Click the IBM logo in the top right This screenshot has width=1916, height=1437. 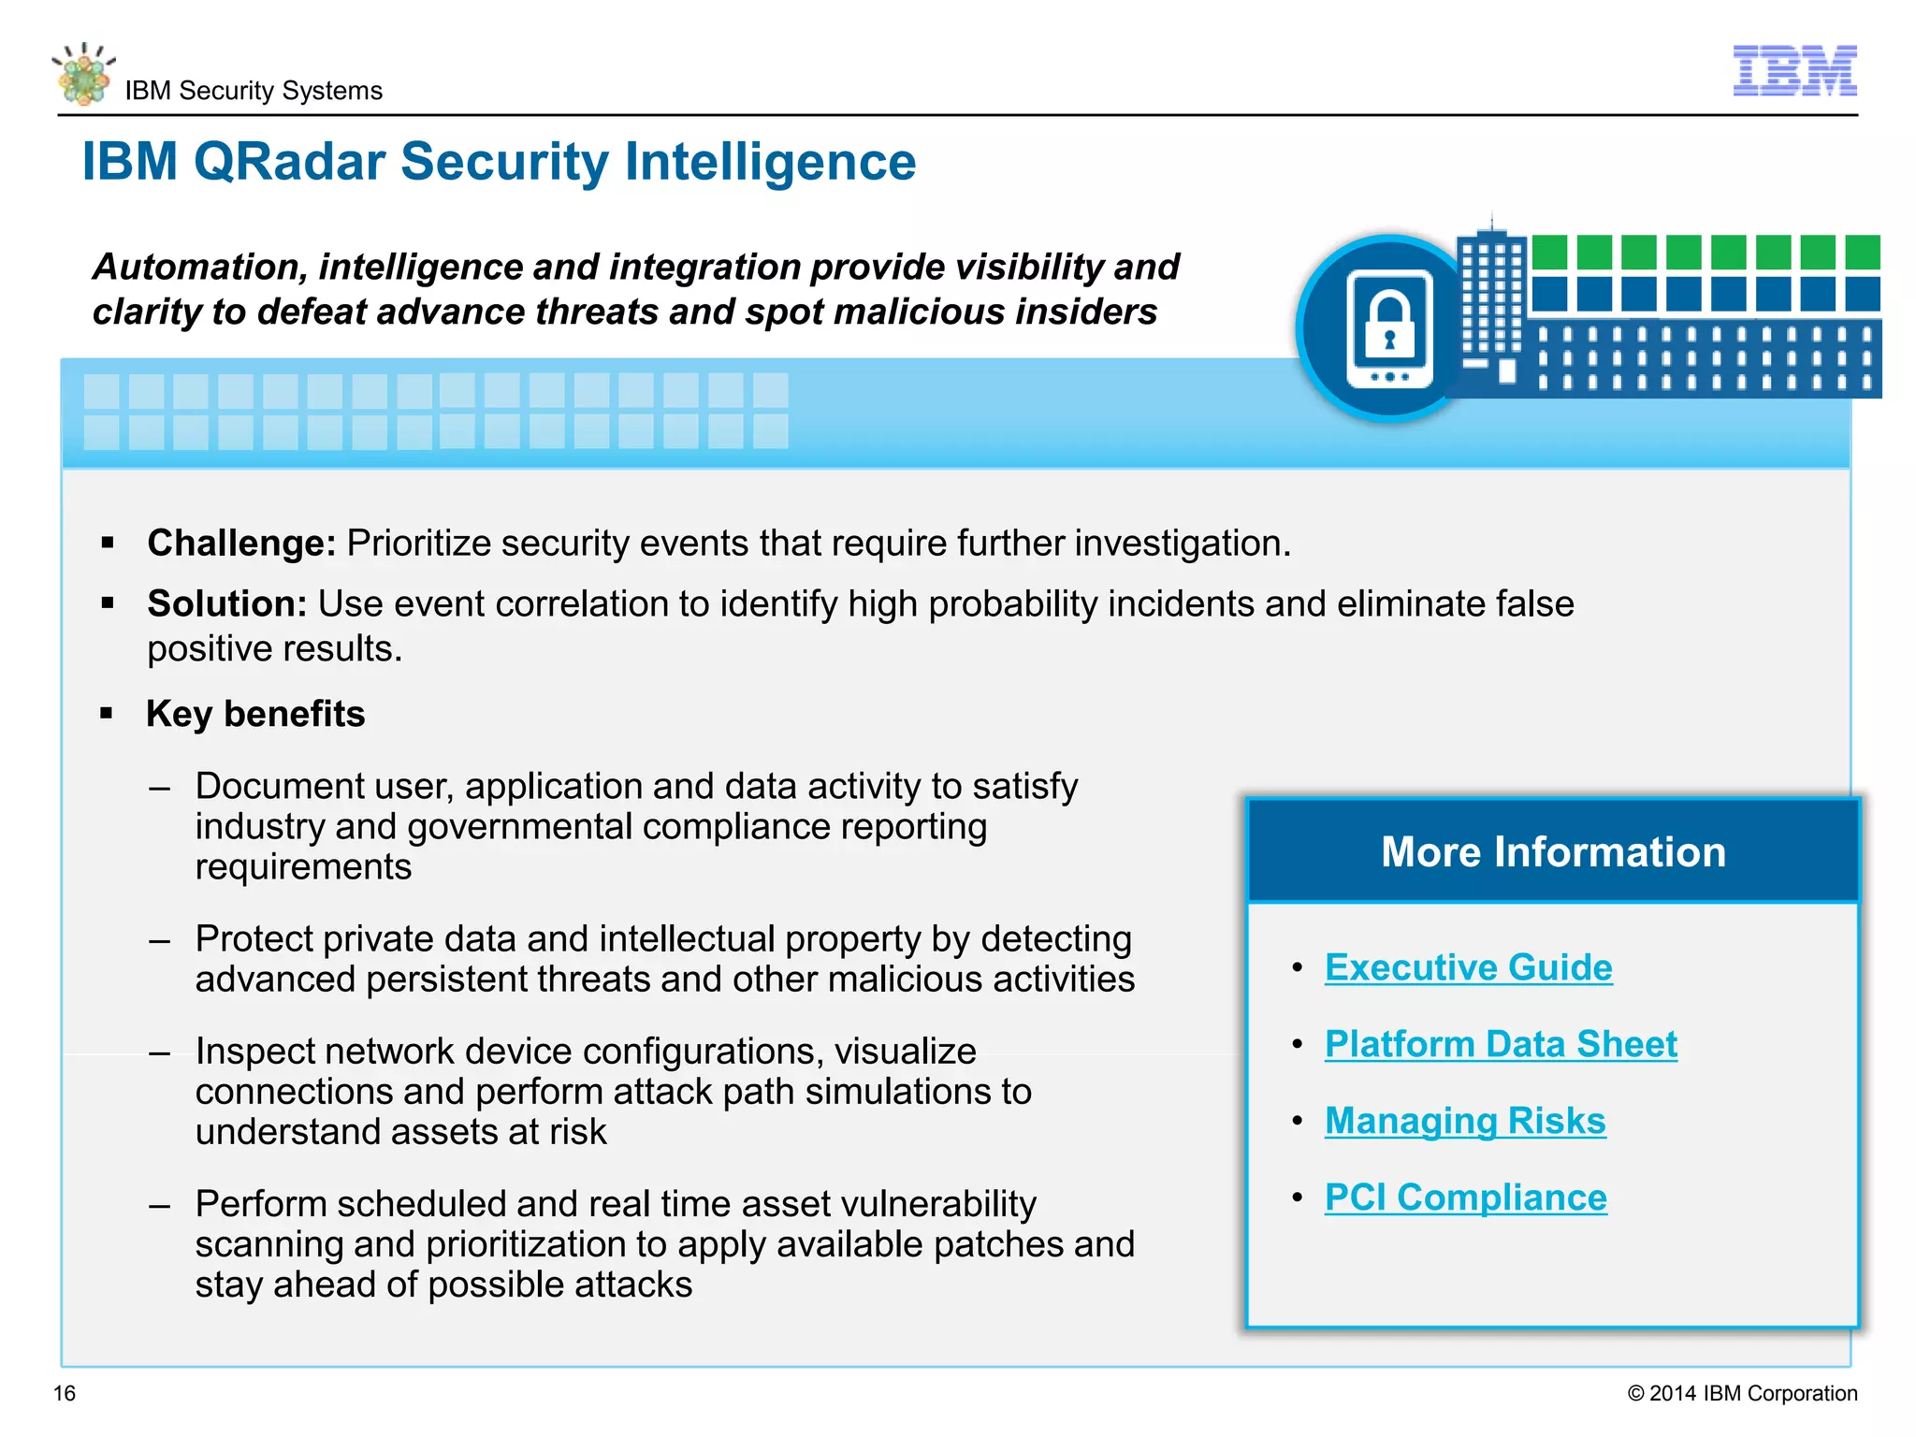1794,70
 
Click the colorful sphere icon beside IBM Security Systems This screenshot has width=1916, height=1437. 84,75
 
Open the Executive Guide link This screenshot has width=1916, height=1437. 1468,967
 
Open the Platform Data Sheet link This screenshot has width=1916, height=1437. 1501,1044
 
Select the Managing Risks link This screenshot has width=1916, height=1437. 1465,1121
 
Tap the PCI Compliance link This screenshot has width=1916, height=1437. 1465,1197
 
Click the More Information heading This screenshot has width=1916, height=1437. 1553,851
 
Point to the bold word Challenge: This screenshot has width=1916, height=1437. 241,544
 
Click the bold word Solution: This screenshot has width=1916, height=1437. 226,604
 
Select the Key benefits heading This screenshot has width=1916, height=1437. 255,714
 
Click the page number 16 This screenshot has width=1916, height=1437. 65,1393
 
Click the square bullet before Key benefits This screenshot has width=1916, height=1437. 107,714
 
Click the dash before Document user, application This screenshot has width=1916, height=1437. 159,788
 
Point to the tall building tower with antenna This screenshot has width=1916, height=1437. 1492,299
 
